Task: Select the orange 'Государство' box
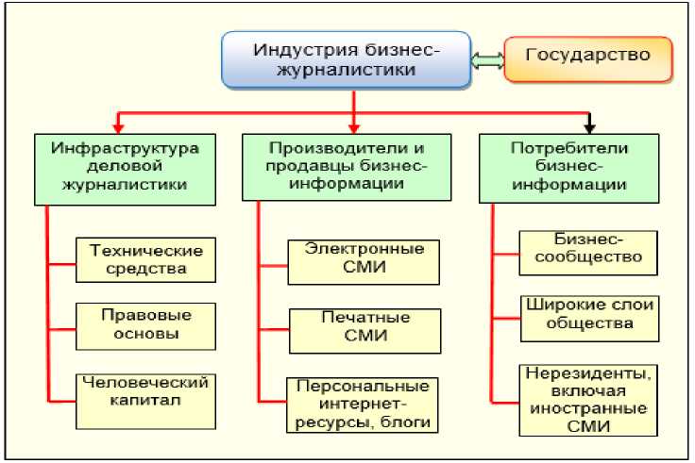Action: pyautogui.click(x=588, y=58)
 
